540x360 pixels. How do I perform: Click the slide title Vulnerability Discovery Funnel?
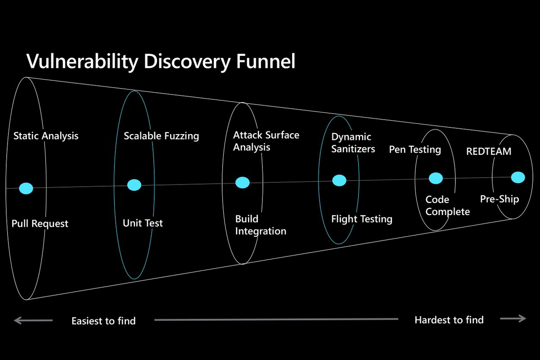point(161,61)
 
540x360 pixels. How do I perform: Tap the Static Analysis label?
point(45,135)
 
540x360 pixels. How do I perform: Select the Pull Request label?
point(40,223)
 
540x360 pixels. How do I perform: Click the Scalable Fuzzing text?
point(161,136)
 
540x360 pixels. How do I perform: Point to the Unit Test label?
point(143,223)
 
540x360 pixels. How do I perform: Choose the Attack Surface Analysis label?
point(266,141)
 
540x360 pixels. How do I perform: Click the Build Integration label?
point(261,225)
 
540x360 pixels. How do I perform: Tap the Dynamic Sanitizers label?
point(353,143)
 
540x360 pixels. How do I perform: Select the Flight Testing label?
point(362,219)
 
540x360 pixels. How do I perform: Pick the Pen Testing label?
point(414,149)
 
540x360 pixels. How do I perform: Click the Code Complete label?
point(447,205)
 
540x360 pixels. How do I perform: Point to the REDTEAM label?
point(489,151)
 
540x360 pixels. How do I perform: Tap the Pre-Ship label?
point(499,199)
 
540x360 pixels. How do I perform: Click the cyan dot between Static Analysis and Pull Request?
point(26,188)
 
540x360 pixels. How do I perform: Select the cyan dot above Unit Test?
point(134,184)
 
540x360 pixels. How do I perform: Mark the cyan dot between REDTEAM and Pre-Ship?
point(518,177)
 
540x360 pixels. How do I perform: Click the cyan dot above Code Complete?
point(436,179)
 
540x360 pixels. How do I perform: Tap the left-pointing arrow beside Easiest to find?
point(33,320)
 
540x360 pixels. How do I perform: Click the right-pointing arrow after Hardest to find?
point(513,319)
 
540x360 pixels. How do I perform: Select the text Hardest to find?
point(449,320)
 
